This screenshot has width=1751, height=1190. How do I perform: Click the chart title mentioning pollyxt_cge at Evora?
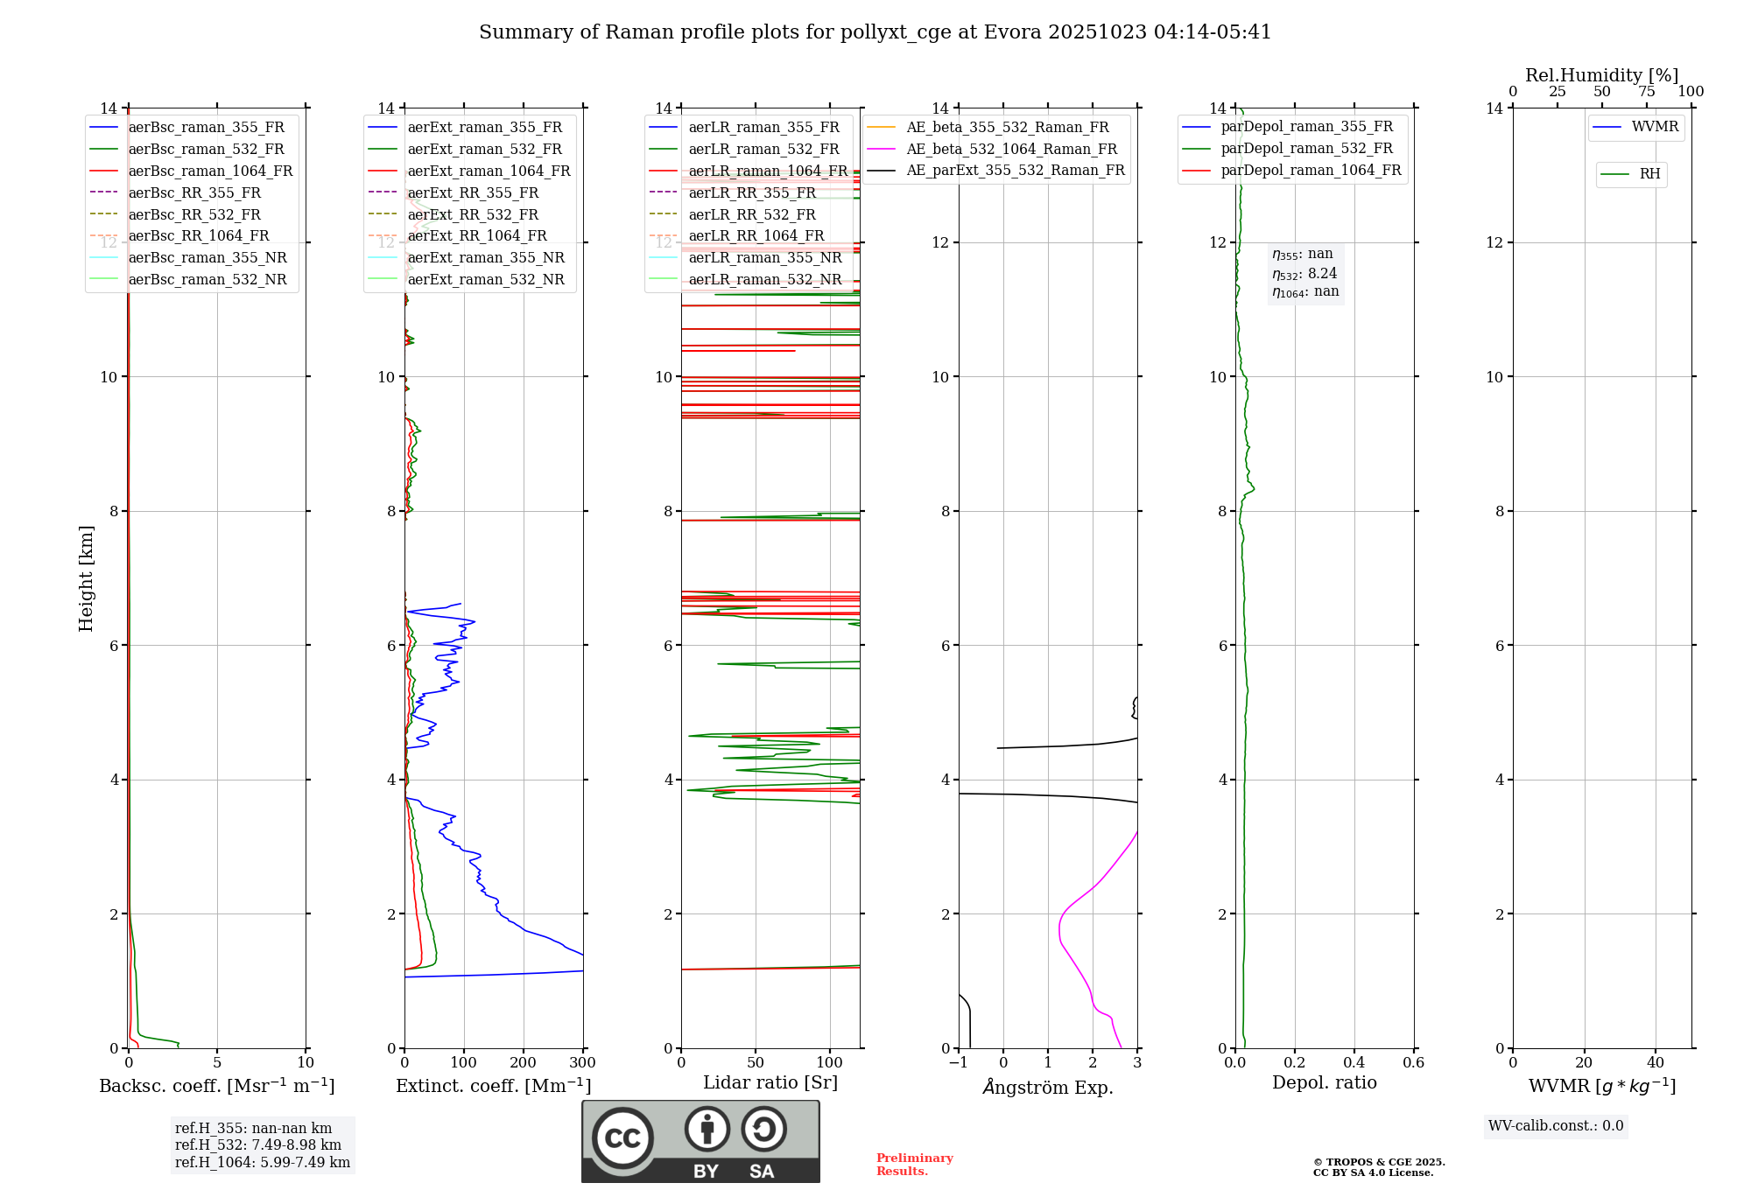pyautogui.click(x=875, y=32)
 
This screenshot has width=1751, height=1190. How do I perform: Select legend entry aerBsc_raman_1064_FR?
pyautogui.click(x=210, y=171)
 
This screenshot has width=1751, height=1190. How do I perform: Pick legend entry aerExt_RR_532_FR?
pyautogui.click(x=473, y=214)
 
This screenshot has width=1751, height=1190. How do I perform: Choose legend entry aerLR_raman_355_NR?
pyautogui.click(x=764, y=258)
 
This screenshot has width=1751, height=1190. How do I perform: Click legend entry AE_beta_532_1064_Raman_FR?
pyautogui.click(x=1011, y=150)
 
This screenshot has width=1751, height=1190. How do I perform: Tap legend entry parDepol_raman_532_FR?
pyautogui.click(x=1306, y=149)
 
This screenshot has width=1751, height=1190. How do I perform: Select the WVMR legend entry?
pyautogui.click(x=1655, y=127)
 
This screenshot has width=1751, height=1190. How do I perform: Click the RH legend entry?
pyautogui.click(x=1649, y=174)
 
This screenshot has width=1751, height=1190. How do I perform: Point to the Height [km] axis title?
pyautogui.click(x=86, y=577)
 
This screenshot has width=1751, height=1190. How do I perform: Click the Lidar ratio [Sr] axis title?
pyautogui.click(x=770, y=1082)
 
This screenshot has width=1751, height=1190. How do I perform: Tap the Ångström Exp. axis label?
pyautogui.click(x=1048, y=1087)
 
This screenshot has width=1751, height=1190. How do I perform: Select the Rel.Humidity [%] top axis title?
pyautogui.click(x=1601, y=75)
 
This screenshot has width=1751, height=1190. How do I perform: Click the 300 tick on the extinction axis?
pyautogui.click(x=583, y=1063)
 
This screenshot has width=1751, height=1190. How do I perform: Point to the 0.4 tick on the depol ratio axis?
pyautogui.click(x=1354, y=1063)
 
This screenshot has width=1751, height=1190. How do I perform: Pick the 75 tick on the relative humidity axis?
pyautogui.click(x=1647, y=92)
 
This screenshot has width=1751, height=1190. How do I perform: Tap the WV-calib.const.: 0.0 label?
pyautogui.click(x=1556, y=1126)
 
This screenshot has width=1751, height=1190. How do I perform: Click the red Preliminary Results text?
pyautogui.click(x=914, y=1165)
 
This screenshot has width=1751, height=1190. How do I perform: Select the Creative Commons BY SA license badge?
pyautogui.click(x=700, y=1142)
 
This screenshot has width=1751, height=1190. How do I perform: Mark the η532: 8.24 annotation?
pyautogui.click(x=1304, y=274)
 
